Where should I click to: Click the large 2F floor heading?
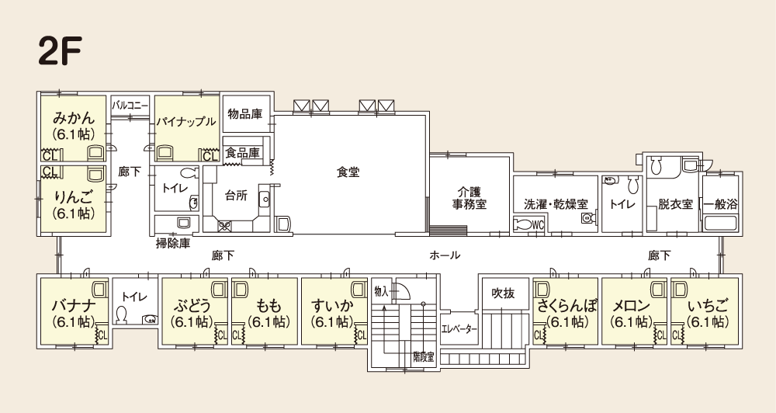point(60,51)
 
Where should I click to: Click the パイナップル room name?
point(186,122)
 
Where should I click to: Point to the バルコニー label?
point(130,106)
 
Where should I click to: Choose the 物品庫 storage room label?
point(245,114)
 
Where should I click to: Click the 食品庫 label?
point(242,152)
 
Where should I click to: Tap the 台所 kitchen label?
point(236,195)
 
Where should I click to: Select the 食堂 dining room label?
point(348,172)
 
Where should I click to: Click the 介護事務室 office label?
point(469,198)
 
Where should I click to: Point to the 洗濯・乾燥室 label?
point(556,204)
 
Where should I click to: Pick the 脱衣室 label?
point(675,204)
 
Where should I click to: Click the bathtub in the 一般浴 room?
point(721,223)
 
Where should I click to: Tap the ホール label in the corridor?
point(445,255)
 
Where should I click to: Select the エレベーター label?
point(459,329)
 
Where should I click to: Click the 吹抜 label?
point(503,293)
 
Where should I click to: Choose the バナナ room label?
point(73,307)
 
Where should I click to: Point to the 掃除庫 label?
point(173,244)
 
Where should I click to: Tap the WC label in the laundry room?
point(539,225)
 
